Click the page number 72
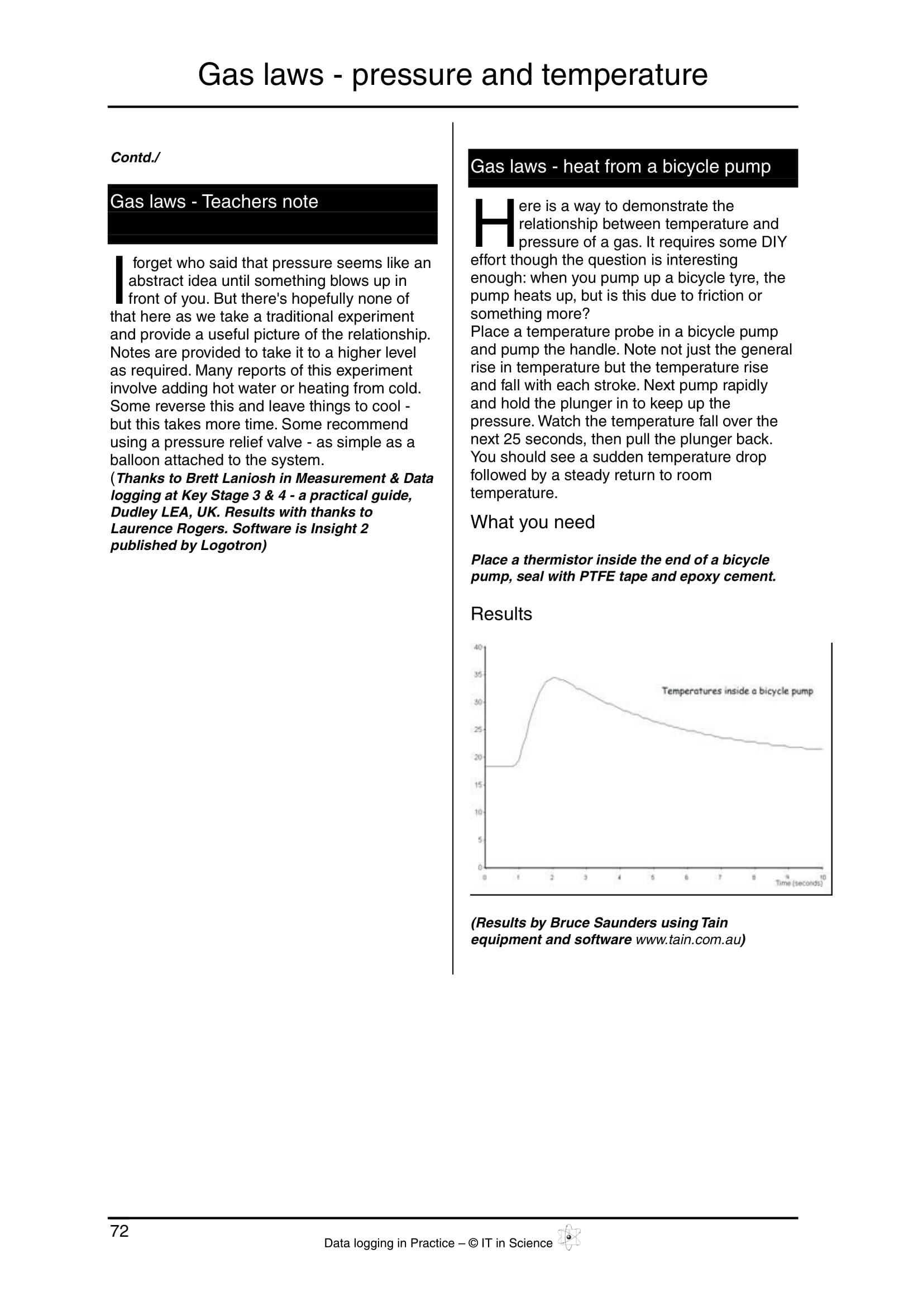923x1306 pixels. (x=119, y=1231)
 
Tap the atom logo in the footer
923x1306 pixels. (x=568, y=1237)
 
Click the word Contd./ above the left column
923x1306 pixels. (x=135, y=157)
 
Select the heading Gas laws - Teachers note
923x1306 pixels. (x=214, y=202)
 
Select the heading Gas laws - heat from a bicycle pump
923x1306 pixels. (x=620, y=166)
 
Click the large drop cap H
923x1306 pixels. (x=492, y=223)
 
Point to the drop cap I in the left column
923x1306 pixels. (x=118, y=280)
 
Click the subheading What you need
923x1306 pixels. (x=532, y=522)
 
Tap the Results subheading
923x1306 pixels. (x=501, y=614)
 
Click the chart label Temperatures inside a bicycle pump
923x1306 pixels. (x=737, y=691)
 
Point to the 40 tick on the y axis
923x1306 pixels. (x=478, y=647)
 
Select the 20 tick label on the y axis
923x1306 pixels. (x=478, y=757)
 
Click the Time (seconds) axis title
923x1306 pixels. (x=799, y=883)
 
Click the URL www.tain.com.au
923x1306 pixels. (x=686, y=939)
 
